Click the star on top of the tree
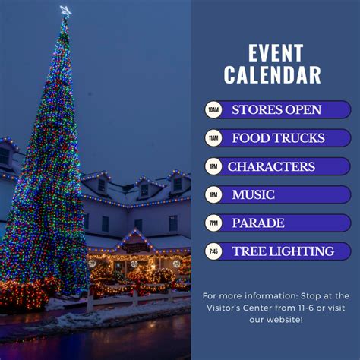tap(65, 11)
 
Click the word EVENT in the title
tap(276, 53)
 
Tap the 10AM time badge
tap(213, 110)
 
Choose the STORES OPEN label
tap(276, 110)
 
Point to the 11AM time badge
tap(213, 138)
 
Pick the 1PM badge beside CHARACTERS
tap(213, 166)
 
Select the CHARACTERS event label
tap(271, 166)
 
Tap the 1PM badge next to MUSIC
tap(213, 195)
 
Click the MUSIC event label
tap(254, 195)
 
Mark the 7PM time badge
tap(213, 223)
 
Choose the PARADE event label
tap(258, 223)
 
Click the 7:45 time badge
tap(213, 251)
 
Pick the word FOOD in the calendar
tap(248, 138)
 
